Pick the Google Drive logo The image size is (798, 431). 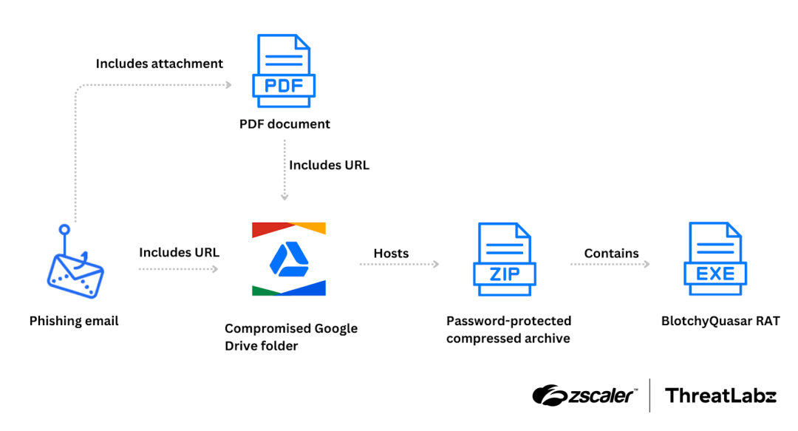click(288, 259)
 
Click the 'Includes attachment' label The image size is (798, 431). click(159, 64)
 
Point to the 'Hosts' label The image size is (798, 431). click(391, 253)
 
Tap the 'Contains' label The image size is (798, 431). click(611, 253)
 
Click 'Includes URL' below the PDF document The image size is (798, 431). click(329, 165)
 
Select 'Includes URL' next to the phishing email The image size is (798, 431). click(179, 252)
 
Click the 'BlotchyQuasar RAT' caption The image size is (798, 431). click(720, 321)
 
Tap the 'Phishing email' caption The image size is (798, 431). click(74, 321)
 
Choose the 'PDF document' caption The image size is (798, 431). click(284, 123)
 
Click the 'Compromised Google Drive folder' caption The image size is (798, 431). click(290, 336)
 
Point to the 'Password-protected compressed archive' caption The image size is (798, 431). click(508, 330)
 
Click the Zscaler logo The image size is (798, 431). click(584, 396)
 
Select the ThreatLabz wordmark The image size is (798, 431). click(720, 396)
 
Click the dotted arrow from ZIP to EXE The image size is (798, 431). click(610, 265)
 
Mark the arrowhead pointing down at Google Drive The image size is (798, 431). click(285, 197)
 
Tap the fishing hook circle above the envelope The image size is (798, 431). click(64, 229)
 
